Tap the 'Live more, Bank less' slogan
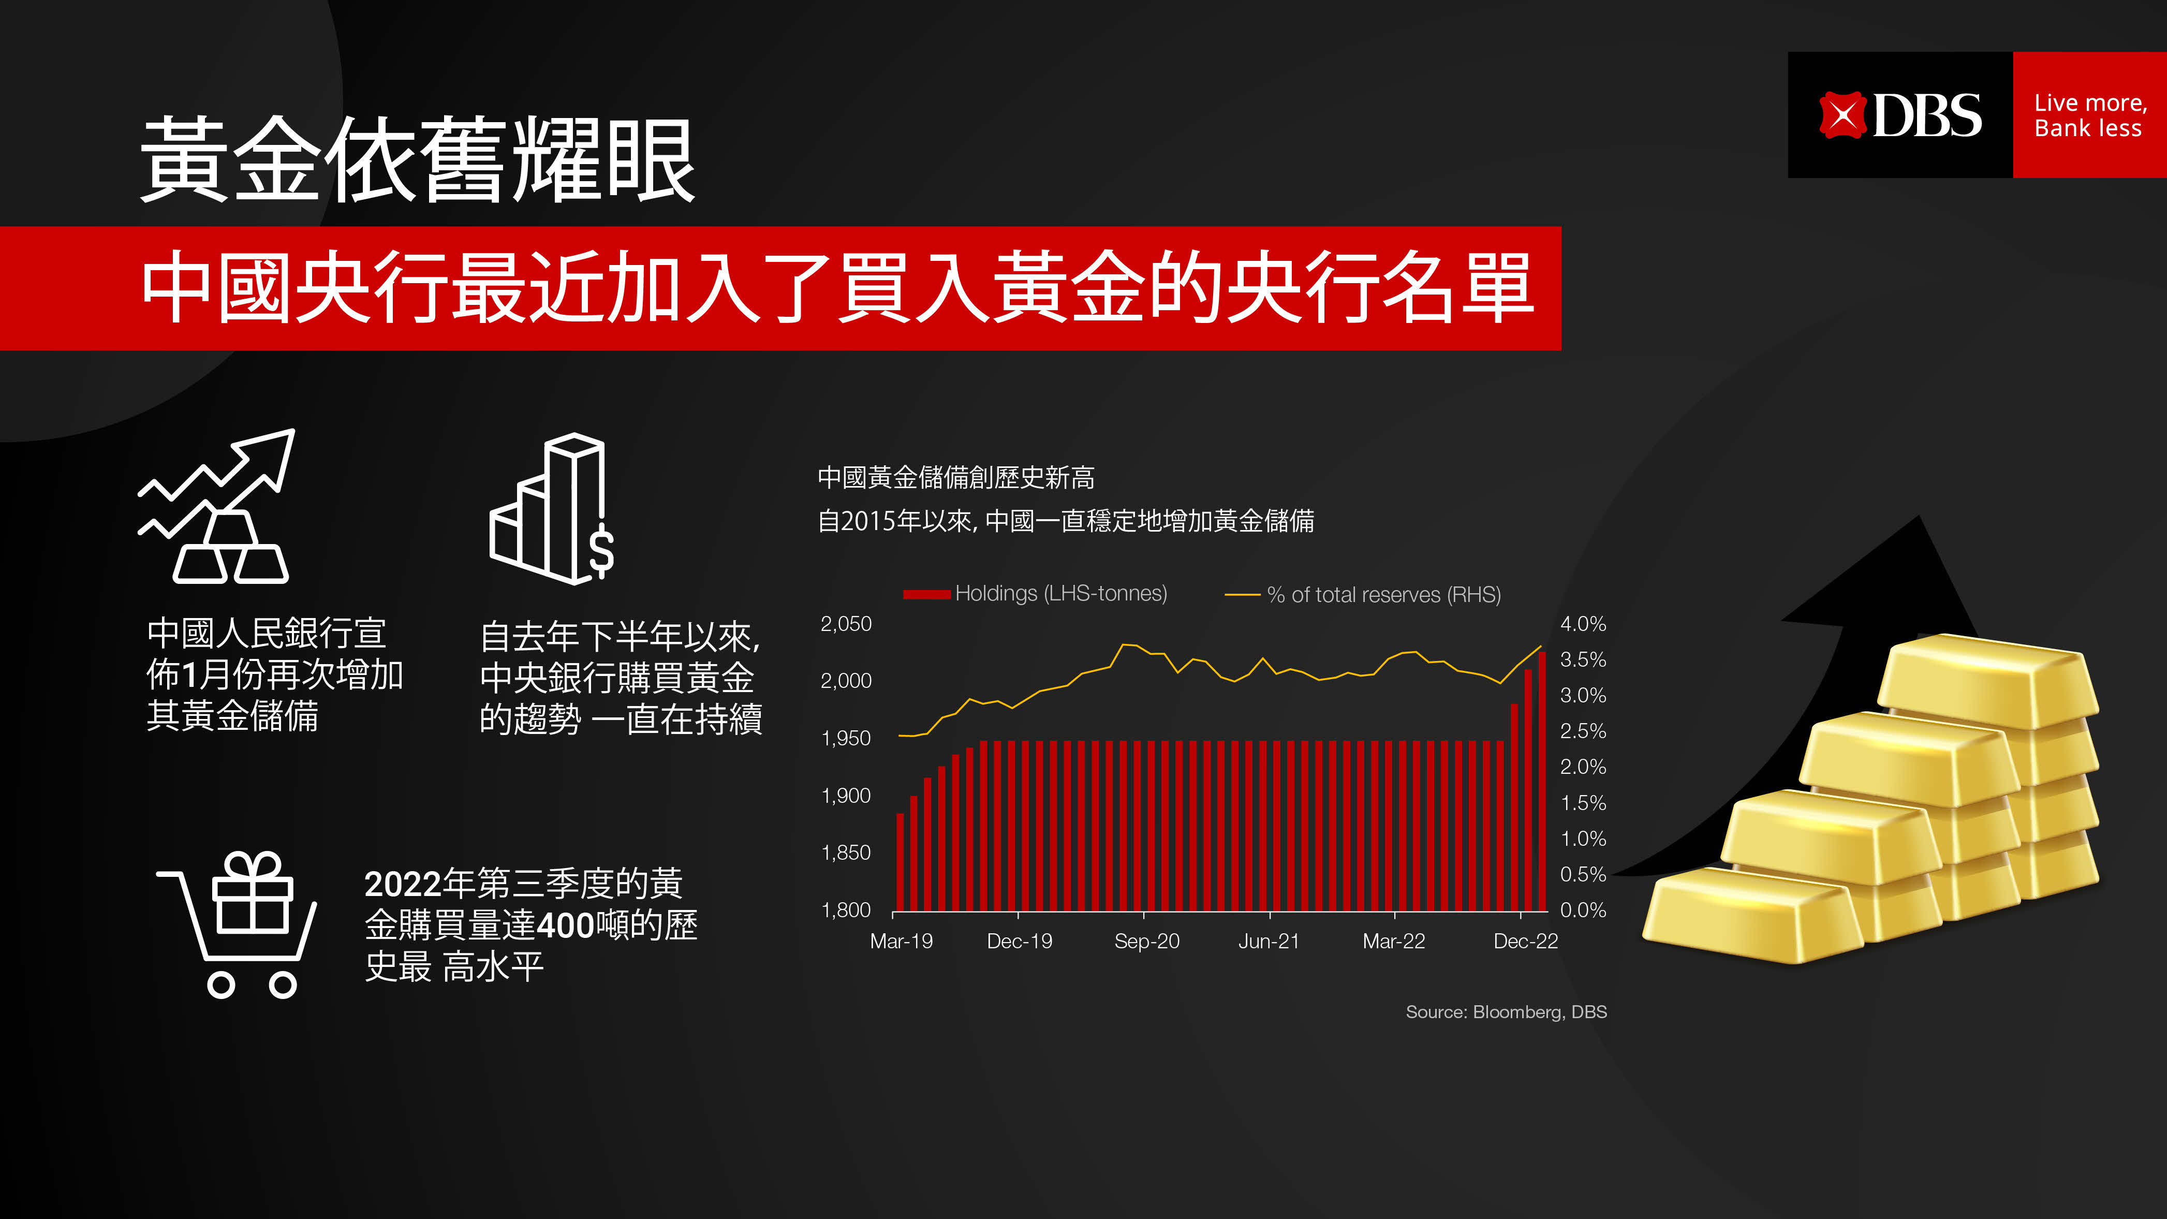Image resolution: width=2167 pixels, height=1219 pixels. (x=2089, y=115)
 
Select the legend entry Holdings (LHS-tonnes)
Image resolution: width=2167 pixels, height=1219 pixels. (x=1035, y=594)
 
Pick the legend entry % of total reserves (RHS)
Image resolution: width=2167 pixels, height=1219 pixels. (x=1363, y=595)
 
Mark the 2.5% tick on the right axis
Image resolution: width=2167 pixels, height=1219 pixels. (x=1583, y=731)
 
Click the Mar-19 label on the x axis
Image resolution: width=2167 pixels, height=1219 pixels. (x=901, y=942)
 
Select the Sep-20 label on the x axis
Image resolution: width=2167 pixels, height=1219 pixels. (x=1146, y=942)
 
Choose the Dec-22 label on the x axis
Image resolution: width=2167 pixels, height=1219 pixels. (x=1525, y=942)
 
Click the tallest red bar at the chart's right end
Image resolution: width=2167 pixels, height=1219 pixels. (x=1542, y=781)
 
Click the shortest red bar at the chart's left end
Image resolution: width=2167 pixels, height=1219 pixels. (x=900, y=862)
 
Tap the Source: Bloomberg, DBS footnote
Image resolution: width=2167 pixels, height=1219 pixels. (x=1506, y=1012)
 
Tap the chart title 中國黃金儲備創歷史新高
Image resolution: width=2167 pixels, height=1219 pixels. (x=955, y=478)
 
